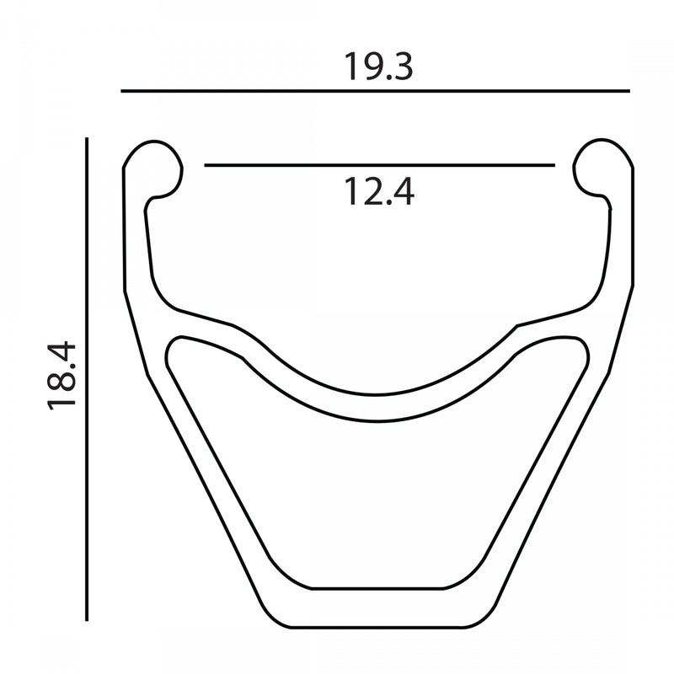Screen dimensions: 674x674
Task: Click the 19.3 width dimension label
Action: (x=378, y=65)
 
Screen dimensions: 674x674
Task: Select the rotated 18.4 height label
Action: (x=62, y=376)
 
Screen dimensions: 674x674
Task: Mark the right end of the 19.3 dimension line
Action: (x=629, y=90)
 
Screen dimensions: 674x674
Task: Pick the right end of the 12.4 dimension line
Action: (x=554, y=166)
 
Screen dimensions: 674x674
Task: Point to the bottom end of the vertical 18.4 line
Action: (x=87, y=620)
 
